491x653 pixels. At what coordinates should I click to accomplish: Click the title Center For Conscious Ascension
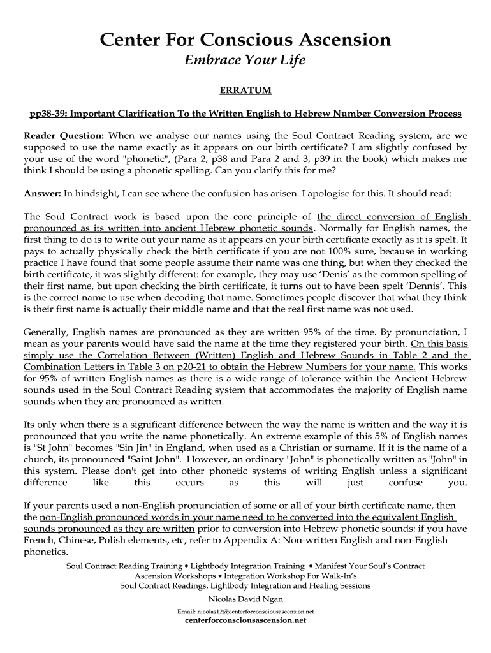click(246, 41)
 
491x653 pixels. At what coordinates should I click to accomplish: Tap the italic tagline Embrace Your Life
click(246, 61)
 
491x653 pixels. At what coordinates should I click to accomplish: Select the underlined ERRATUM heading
click(246, 91)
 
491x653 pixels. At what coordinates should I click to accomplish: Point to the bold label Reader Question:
click(64, 136)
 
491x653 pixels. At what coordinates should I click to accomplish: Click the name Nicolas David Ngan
click(246, 599)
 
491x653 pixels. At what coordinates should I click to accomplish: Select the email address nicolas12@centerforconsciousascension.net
click(246, 611)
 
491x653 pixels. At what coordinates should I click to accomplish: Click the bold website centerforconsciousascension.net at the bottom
click(246, 620)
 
